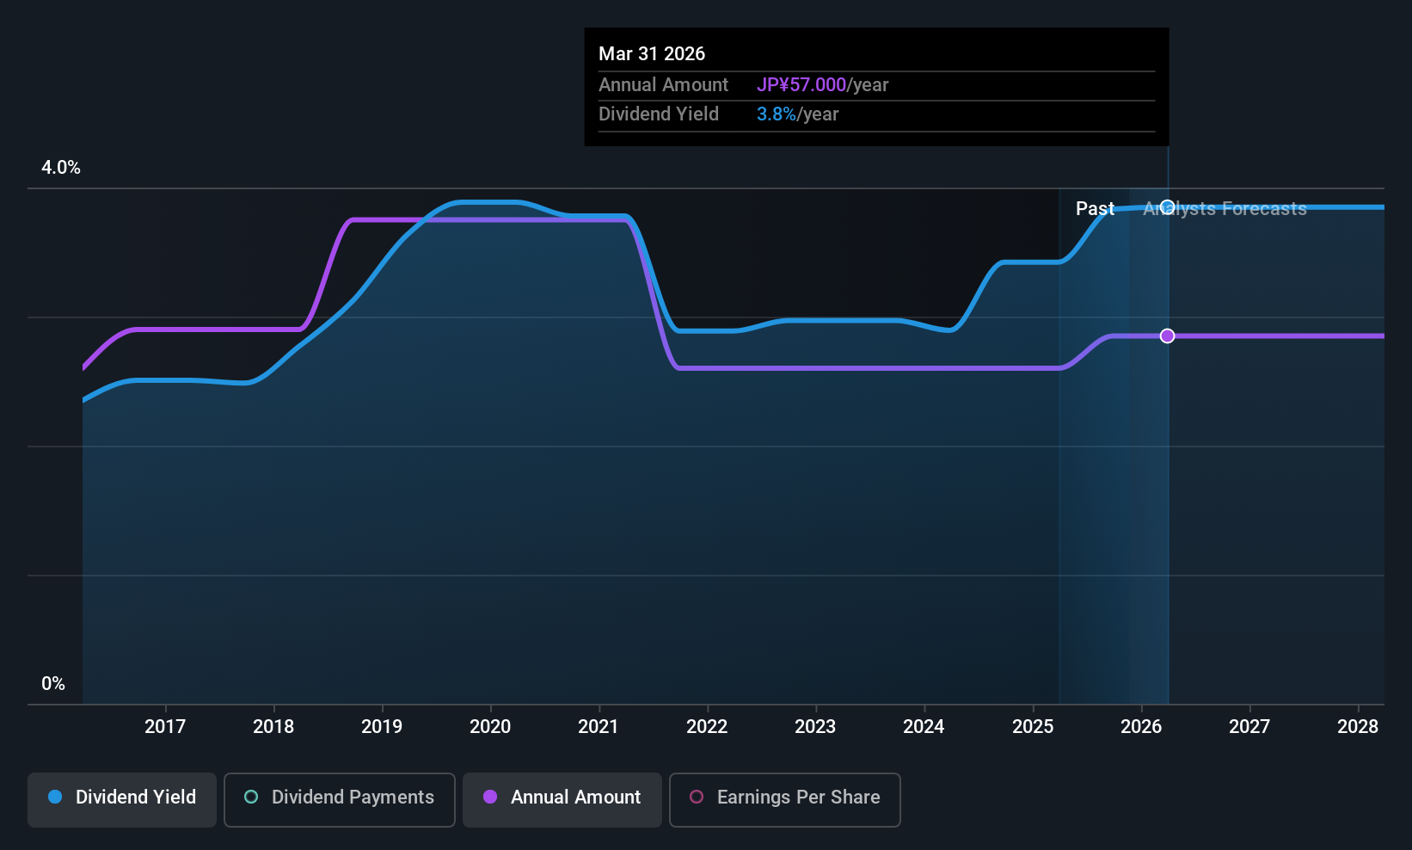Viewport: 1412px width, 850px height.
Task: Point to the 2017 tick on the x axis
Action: tap(165, 727)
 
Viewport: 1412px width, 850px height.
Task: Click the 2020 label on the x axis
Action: tap(490, 727)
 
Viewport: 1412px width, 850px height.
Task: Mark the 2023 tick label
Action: tap(815, 727)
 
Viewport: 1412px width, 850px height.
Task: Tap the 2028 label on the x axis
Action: tap(1358, 727)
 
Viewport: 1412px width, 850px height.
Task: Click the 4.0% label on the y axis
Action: tap(61, 168)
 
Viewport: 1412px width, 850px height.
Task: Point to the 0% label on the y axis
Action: tap(53, 684)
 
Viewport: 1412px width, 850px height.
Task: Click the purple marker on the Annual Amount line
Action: tap(1167, 336)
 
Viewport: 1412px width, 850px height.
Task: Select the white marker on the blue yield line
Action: tap(1167, 206)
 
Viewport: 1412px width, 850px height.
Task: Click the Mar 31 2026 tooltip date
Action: tap(652, 54)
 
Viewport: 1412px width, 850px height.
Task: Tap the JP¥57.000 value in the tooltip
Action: tap(801, 85)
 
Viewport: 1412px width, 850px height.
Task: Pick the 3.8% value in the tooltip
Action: tap(777, 114)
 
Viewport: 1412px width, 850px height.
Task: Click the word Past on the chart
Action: tap(1095, 209)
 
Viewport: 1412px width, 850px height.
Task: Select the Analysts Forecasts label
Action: tap(1225, 209)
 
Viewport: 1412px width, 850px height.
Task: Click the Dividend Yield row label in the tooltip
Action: tap(659, 114)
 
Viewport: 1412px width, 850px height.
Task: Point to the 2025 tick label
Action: tap(1033, 727)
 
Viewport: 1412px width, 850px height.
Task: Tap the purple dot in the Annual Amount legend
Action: tap(490, 798)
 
